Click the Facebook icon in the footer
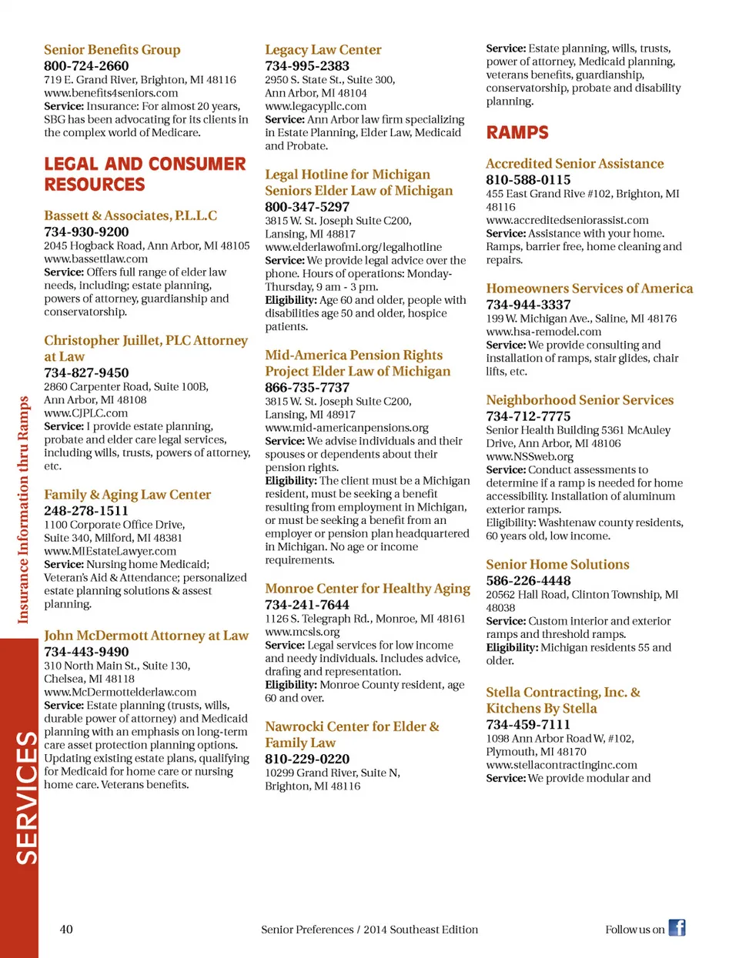pyautogui.click(x=677, y=928)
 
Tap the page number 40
pyautogui.click(x=66, y=929)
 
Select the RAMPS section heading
pyautogui.click(x=517, y=132)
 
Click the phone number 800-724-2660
pyautogui.click(x=86, y=65)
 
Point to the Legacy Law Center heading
pyautogui.click(x=323, y=50)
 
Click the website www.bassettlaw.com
pyautogui.click(x=95, y=259)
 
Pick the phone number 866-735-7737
pyautogui.click(x=307, y=387)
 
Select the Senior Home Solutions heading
pyautogui.click(x=557, y=564)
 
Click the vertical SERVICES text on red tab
pyautogui.click(x=26, y=797)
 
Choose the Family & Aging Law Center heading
pyautogui.click(x=127, y=494)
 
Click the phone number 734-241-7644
pyautogui.click(x=307, y=604)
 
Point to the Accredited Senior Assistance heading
pyautogui.click(x=574, y=163)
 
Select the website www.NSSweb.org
pyautogui.click(x=530, y=456)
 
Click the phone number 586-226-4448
pyautogui.click(x=528, y=580)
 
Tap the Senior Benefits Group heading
pyautogui.click(x=112, y=50)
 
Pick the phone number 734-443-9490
pyautogui.click(x=86, y=651)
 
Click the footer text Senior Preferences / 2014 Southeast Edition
pyautogui.click(x=369, y=929)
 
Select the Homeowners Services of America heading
pyautogui.click(x=589, y=289)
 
